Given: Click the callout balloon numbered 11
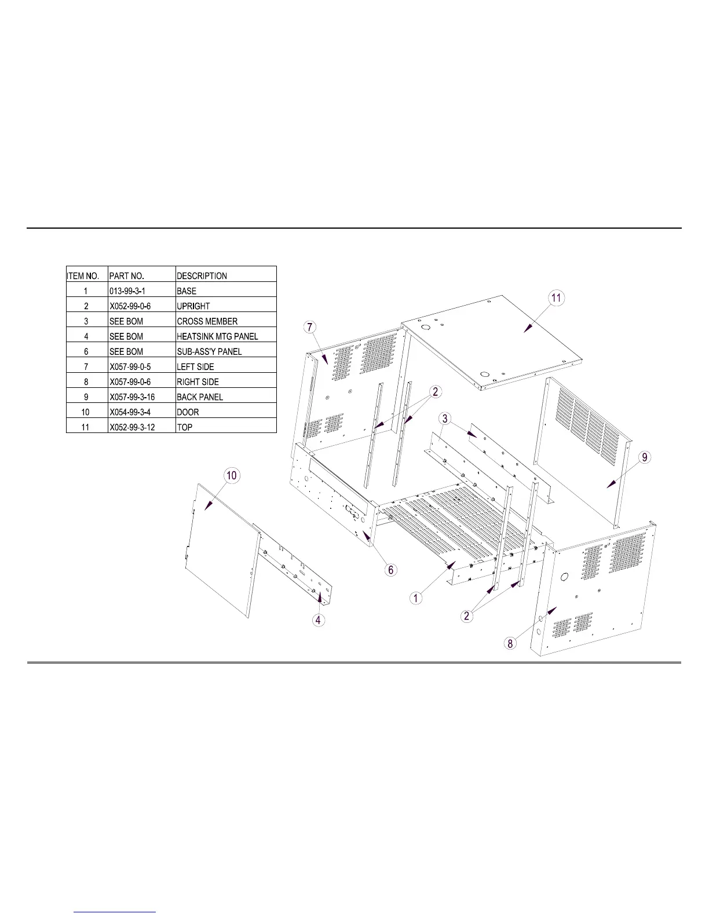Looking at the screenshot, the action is click(x=555, y=298).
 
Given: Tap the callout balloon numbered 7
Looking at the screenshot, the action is click(x=310, y=327).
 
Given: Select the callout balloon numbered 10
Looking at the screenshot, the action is click(x=231, y=476).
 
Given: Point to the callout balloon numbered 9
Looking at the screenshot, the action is click(x=645, y=457).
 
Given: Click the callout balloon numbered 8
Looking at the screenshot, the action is click(x=510, y=643).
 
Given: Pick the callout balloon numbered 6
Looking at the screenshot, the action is click(x=391, y=570).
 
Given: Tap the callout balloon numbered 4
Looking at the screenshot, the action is click(x=319, y=621).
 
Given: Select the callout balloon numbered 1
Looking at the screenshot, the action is click(x=416, y=598).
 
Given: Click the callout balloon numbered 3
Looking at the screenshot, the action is click(x=444, y=419).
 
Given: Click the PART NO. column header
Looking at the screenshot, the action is click(x=127, y=276).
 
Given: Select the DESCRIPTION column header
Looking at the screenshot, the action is click(x=202, y=276).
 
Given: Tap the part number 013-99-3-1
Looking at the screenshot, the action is click(x=127, y=291).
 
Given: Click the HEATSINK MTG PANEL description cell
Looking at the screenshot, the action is click(x=217, y=336).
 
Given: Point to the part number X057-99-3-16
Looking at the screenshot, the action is click(x=131, y=397).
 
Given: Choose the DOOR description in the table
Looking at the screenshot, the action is click(x=188, y=412).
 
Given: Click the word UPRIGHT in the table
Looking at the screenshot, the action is click(x=193, y=306).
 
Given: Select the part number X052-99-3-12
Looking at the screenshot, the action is click(x=132, y=427).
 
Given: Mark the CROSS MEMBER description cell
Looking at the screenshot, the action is click(x=207, y=321).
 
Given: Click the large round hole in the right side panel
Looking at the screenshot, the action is click(x=563, y=577).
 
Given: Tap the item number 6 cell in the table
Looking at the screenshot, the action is click(x=86, y=351).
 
